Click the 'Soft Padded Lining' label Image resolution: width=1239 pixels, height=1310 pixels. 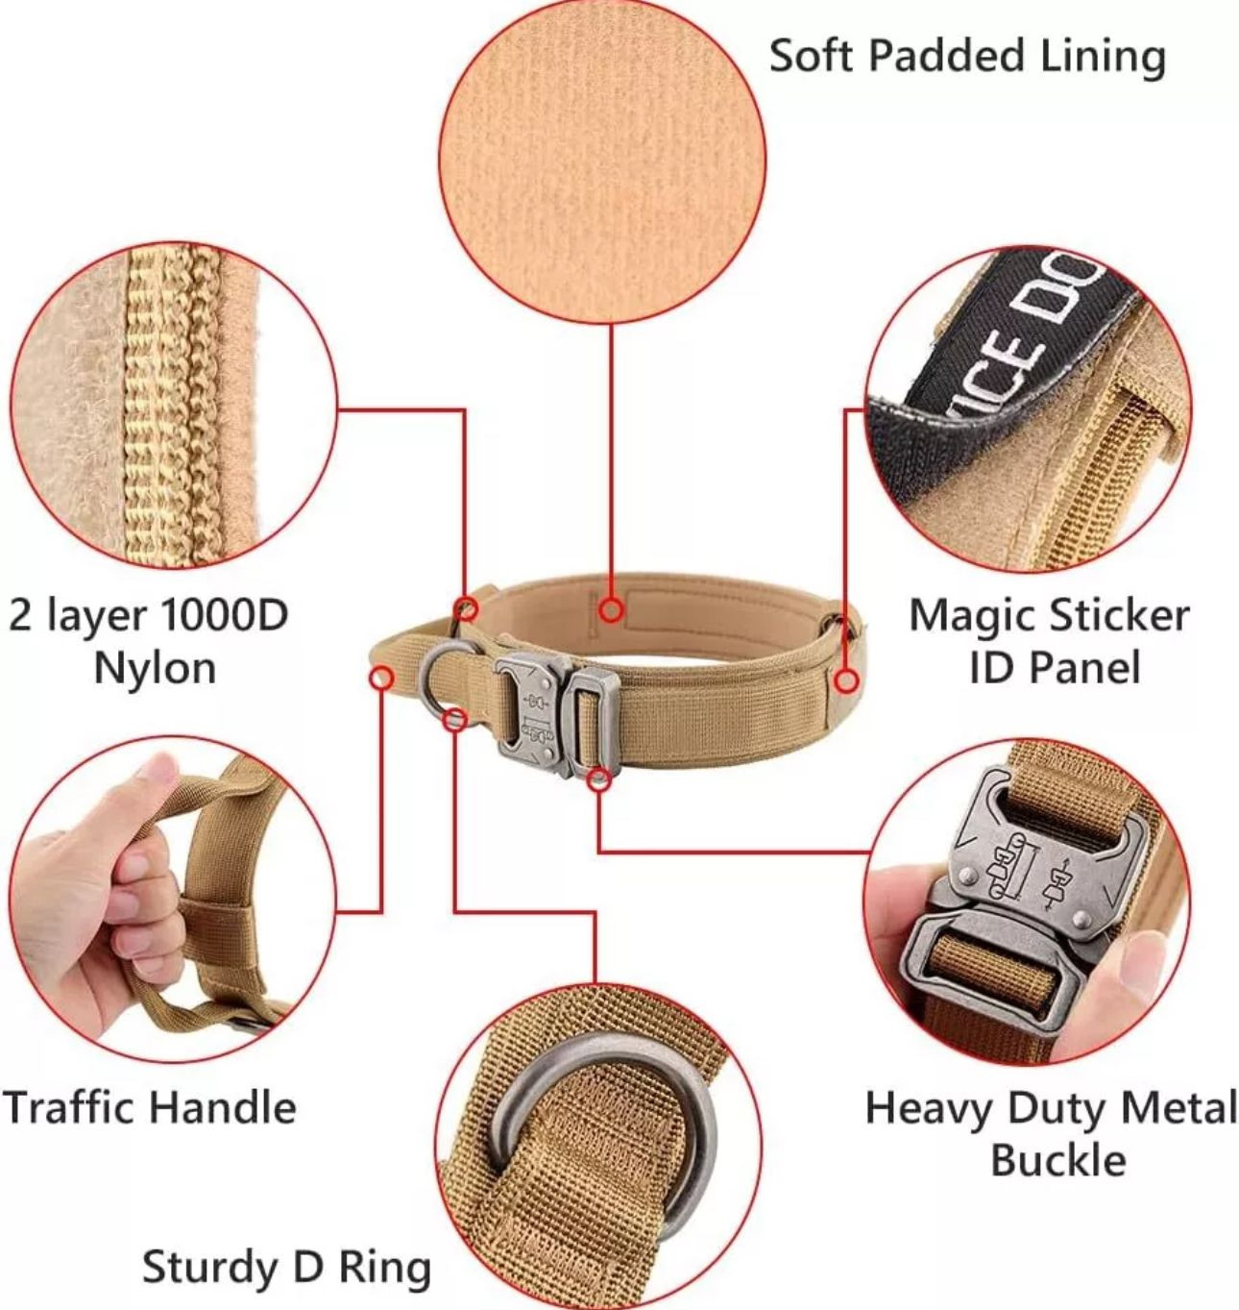click(x=967, y=56)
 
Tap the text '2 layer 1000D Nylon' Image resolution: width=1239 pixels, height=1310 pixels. click(x=149, y=641)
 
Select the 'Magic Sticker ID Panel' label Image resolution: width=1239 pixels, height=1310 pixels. click(x=1050, y=641)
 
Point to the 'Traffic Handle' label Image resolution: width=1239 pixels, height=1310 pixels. click(x=149, y=1107)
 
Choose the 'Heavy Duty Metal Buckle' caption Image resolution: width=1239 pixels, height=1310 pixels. click(x=1051, y=1133)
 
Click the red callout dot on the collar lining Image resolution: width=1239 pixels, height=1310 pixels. click(x=611, y=609)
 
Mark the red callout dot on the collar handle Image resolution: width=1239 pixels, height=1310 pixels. click(x=381, y=679)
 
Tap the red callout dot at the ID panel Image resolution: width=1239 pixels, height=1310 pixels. click(x=847, y=681)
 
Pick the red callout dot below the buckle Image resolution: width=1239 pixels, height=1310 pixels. click(x=599, y=779)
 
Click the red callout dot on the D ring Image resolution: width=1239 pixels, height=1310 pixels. click(x=454, y=719)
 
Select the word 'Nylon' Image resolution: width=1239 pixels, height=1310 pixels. click(x=156, y=668)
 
